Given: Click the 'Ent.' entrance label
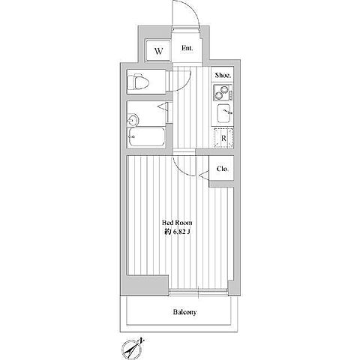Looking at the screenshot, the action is pyautogui.click(x=187, y=48).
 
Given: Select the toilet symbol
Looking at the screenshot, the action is pyautogui.click(x=138, y=82).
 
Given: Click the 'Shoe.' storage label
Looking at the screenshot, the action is pyautogui.click(x=223, y=75).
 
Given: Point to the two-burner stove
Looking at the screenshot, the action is pyautogui.click(x=223, y=92).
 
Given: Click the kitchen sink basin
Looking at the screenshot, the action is pyautogui.click(x=225, y=113).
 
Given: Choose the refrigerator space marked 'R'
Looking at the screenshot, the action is pyautogui.click(x=223, y=138).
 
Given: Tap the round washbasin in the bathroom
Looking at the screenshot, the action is pyautogui.click(x=133, y=120).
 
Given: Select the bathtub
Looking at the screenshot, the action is pyautogui.click(x=146, y=137).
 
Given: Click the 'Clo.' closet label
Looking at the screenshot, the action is pyautogui.click(x=222, y=169).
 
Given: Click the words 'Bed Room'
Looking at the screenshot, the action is pyautogui.click(x=177, y=223).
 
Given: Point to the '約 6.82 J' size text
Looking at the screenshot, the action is pyautogui.click(x=177, y=232).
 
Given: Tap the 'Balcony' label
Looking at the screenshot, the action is pyautogui.click(x=184, y=312).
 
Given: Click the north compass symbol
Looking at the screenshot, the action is pyautogui.click(x=131, y=348).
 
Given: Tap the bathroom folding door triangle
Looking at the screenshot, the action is pyautogui.click(x=163, y=106).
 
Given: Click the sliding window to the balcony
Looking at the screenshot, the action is pyautogui.click(x=198, y=292).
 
